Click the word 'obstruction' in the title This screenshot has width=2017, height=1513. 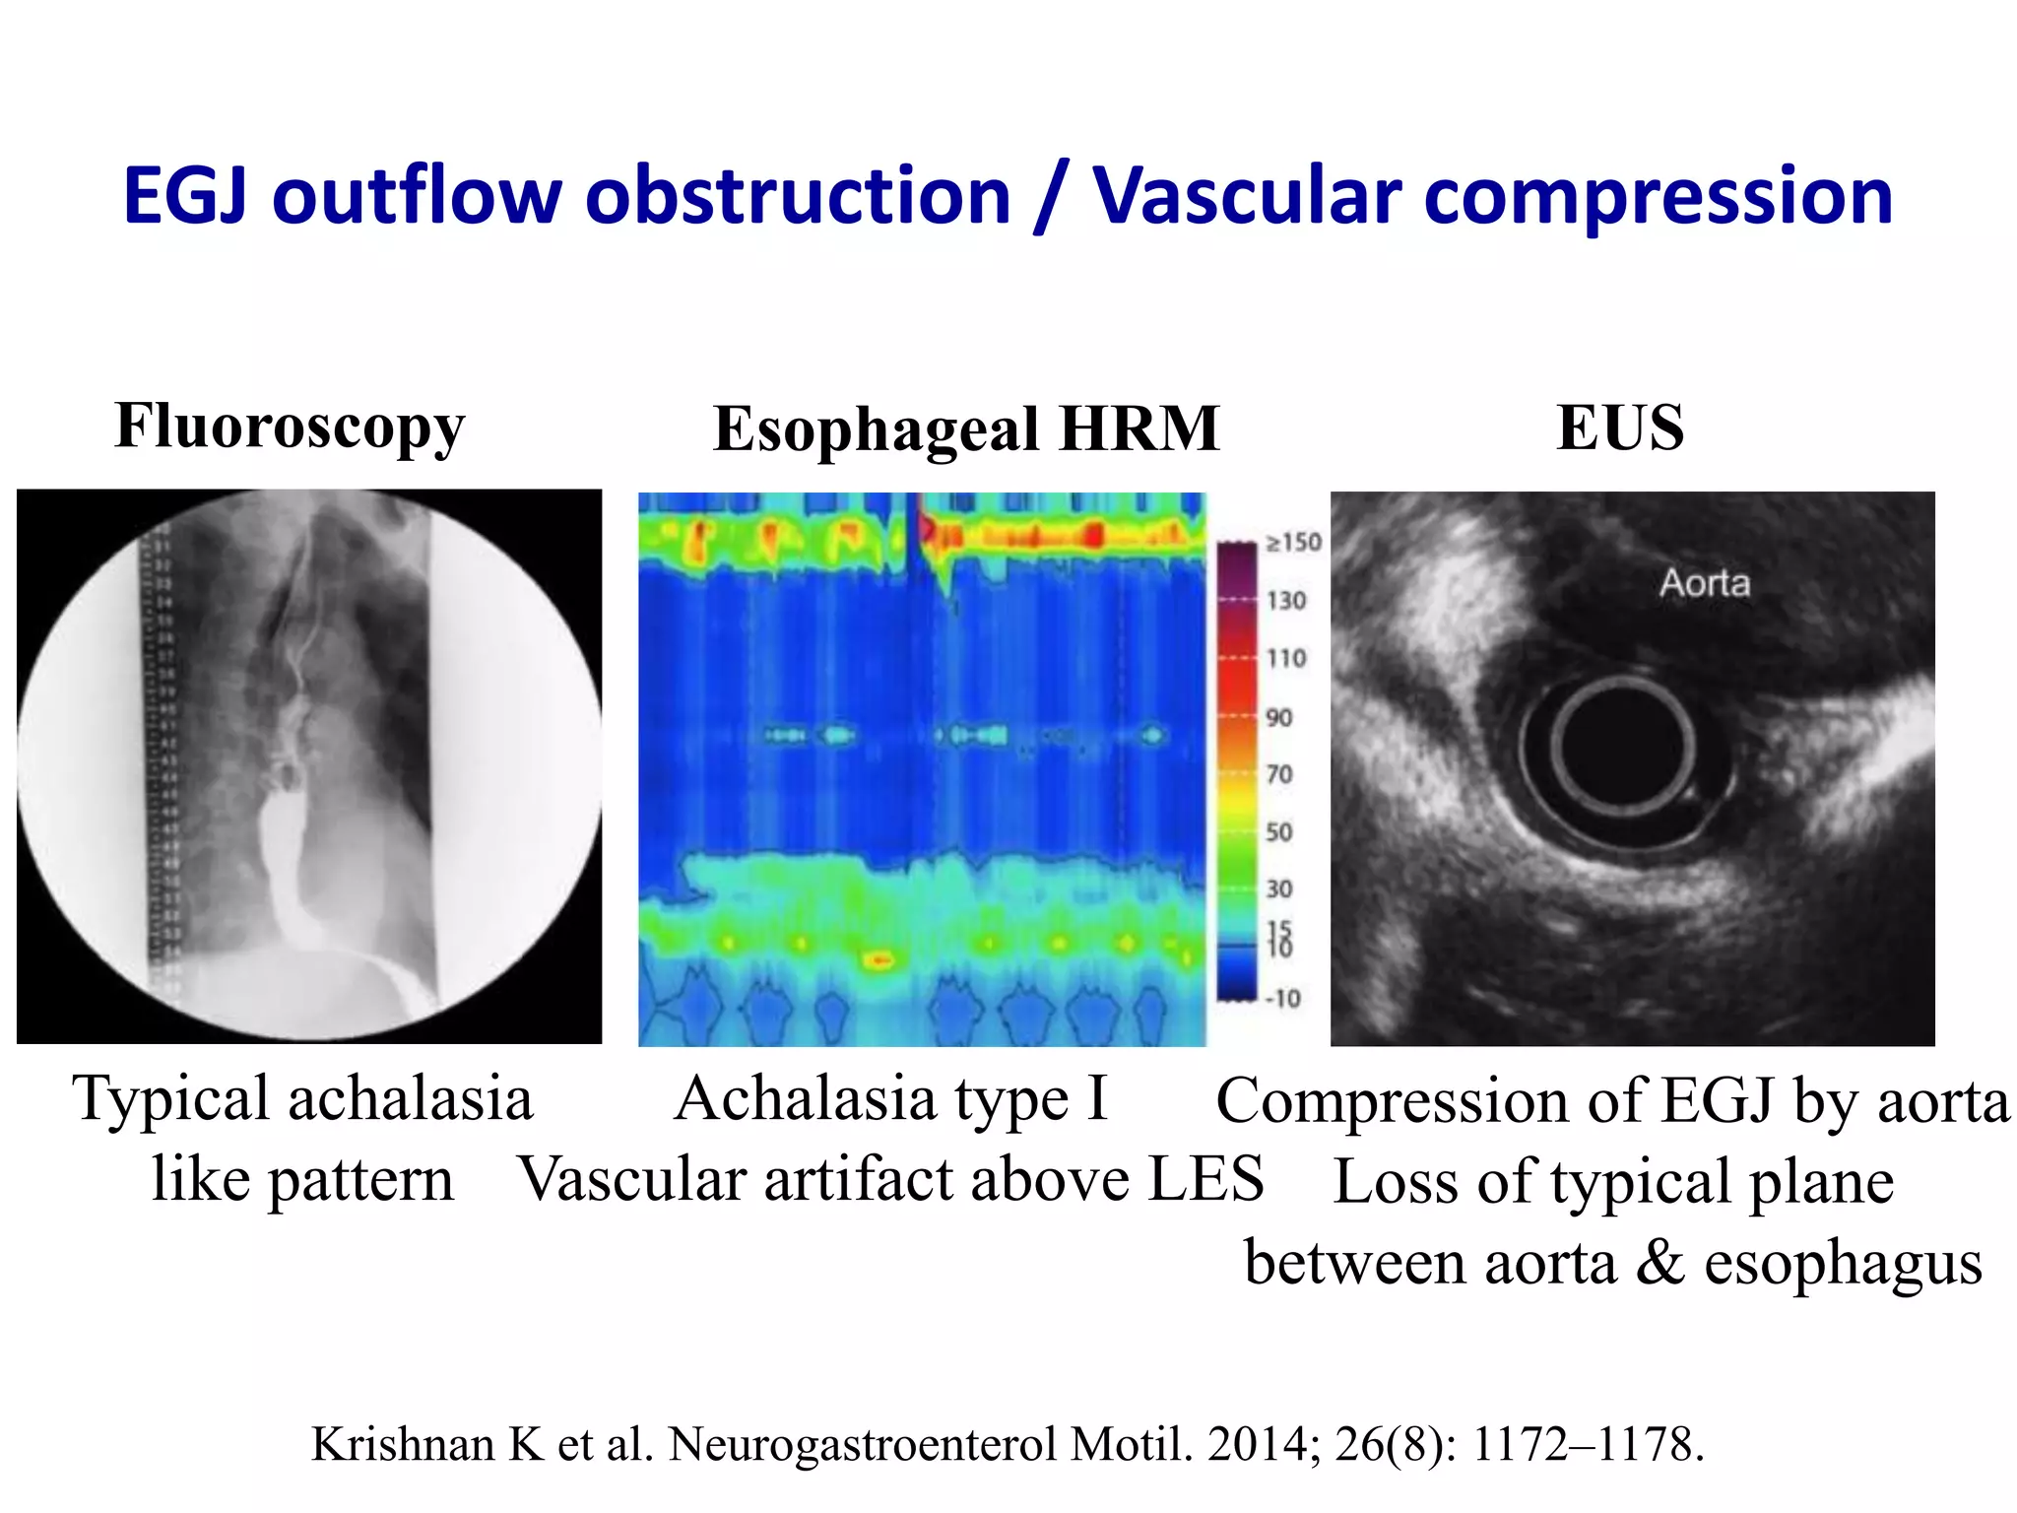tap(798, 196)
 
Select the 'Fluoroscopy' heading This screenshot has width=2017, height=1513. tap(290, 428)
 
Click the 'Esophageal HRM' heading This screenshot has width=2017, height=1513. tap(966, 429)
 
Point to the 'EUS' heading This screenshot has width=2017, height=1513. tap(1620, 428)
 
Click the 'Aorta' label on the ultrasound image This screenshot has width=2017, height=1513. tap(1705, 583)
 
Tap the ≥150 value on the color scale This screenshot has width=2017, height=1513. tap(1293, 543)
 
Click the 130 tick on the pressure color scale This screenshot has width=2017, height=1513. tap(1286, 601)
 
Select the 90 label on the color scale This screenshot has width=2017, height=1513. tap(1279, 718)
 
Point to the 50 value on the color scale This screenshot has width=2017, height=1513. tap(1279, 833)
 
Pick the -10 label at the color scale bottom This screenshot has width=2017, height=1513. tap(1282, 999)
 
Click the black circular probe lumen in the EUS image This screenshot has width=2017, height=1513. tap(1622, 747)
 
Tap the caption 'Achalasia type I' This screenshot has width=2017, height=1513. tap(891, 1099)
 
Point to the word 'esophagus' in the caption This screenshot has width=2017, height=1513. tap(1843, 1264)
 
